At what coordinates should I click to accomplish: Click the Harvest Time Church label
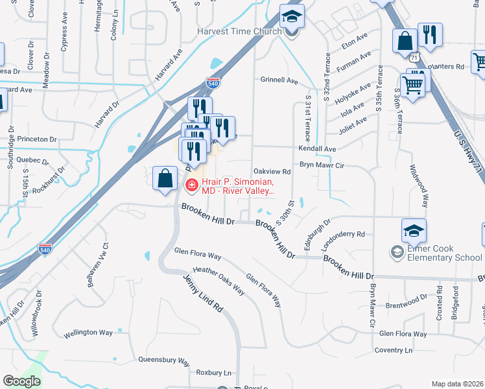coord(240,31)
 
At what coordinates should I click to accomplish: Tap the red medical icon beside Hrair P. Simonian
coord(191,186)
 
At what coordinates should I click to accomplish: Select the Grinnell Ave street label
coord(278,81)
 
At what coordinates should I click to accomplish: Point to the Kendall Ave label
coord(317,148)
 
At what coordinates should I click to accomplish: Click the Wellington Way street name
coord(89,335)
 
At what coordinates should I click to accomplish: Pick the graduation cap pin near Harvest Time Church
coord(292,17)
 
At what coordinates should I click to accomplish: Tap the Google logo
coord(21,381)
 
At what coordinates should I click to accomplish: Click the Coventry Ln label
coord(396,350)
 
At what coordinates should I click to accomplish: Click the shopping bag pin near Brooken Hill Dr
coord(165,179)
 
